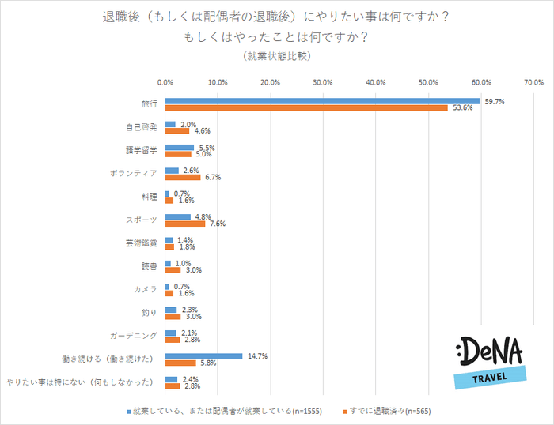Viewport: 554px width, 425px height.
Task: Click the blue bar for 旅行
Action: point(322,101)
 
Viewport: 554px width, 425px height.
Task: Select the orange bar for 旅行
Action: point(306,108)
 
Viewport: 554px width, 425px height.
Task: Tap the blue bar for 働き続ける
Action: point(203,356)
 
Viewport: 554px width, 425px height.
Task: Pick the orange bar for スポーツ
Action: point(184,224)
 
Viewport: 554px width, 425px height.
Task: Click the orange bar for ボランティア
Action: point(182,178)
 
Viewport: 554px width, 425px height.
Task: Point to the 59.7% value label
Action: point(494,101)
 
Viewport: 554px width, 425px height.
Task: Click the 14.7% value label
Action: point(257,356)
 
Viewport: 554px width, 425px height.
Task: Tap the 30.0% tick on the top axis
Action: point(323,82)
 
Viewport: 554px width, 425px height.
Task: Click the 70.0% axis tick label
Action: point(533,82)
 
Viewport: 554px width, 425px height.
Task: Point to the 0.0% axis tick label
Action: point(165,82)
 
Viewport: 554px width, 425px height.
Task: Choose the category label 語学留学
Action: point(142,150)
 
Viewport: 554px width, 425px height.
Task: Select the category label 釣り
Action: point(150,311)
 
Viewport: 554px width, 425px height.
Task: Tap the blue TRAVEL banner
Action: point(491,377)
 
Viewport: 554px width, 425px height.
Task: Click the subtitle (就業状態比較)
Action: point(276,56)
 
